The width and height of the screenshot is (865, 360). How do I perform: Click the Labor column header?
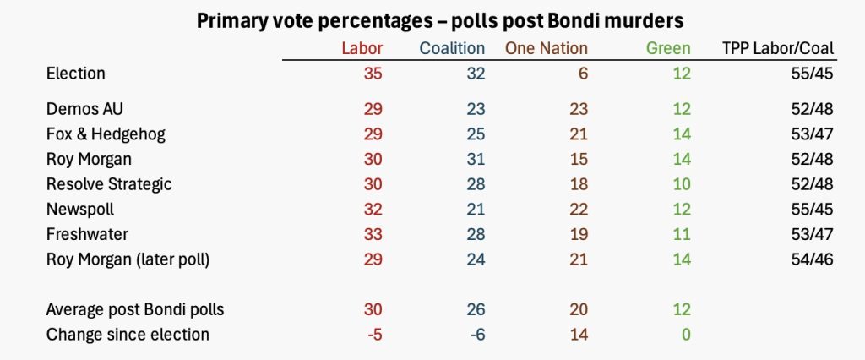click(x=362, y=48)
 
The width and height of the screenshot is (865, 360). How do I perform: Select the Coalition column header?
click(x=453, y=48)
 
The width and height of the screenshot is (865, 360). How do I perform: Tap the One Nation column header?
click(x=546, y=48)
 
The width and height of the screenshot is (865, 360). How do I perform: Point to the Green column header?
click(x=668, y=48)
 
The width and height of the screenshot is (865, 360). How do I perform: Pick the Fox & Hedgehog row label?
click(x=106, y=134)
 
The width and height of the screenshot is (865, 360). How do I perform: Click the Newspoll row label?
click(x=81, y=209)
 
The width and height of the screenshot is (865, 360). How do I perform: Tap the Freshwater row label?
click(x=86, y=234)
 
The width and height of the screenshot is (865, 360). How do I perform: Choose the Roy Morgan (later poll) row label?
click(x=128, y=259)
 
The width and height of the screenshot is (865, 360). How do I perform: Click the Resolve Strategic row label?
click(x=110, y=184)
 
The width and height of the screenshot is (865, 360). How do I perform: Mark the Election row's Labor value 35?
click(x=373, y=74)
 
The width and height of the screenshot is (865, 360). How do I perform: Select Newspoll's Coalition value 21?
click(x=476, y=209)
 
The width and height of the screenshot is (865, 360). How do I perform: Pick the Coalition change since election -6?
click(x=474, y=335)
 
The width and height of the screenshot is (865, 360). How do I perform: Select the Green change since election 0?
click(x=685, y=335)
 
